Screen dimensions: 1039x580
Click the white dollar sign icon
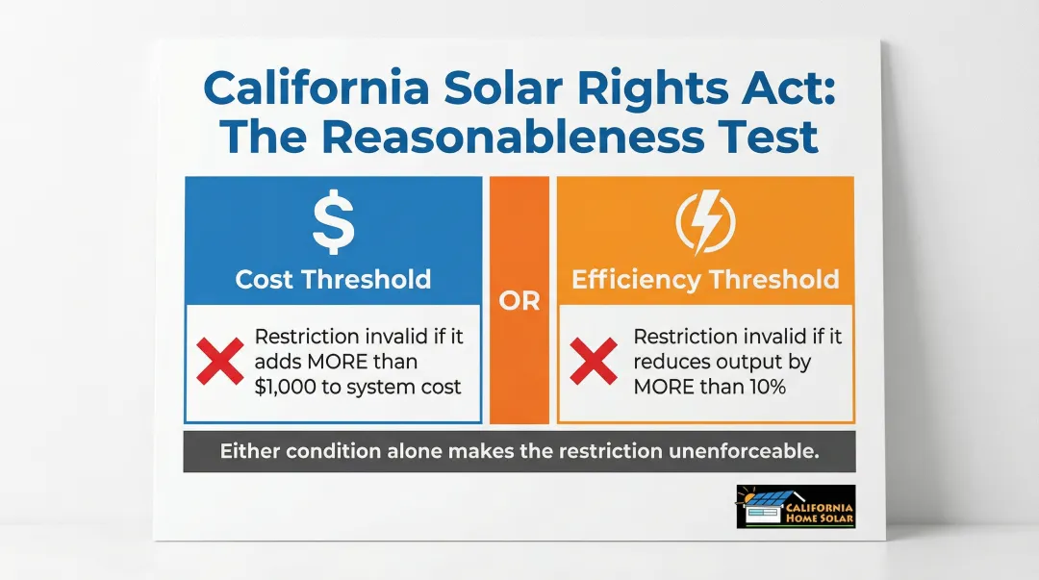(x=333, y=222)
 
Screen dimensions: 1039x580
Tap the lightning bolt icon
(x=706, y=222)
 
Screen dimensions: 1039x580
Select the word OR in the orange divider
(x=519, y=302)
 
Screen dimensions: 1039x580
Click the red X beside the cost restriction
(x=220, y=362)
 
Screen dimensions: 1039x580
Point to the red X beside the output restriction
(x=594, y=362)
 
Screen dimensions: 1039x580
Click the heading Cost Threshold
(x=333, y=279)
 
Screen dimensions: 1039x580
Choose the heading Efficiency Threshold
(x=706, y=279)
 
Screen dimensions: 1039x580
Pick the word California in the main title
(x=317, y=87)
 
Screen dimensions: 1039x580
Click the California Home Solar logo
(x=796, y=507)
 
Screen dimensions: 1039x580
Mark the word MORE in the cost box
(x=336, y=362)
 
